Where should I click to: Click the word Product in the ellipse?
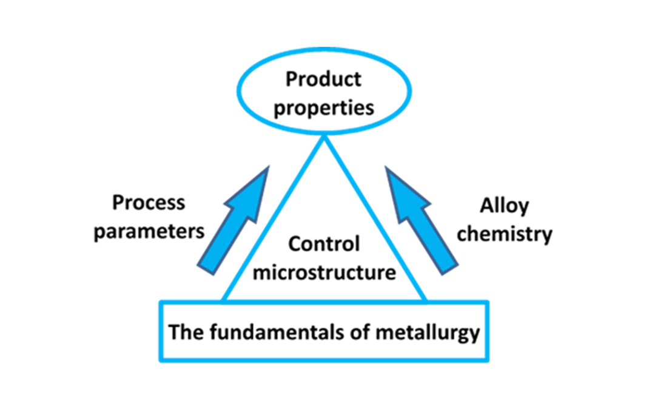click(x=323, y=79)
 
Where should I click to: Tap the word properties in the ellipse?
click(x=323, y=107)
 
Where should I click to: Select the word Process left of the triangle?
click(x=149, y=202)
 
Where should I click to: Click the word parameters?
click(x=149, y=232)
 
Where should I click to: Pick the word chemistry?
click(x=504, y=234)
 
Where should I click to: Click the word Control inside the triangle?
click(x=324, y=244)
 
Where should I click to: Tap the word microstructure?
click(x=324, y=272)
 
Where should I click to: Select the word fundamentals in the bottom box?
click(x=274, y=332)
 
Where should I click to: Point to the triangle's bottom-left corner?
click(x=224, y=300)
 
